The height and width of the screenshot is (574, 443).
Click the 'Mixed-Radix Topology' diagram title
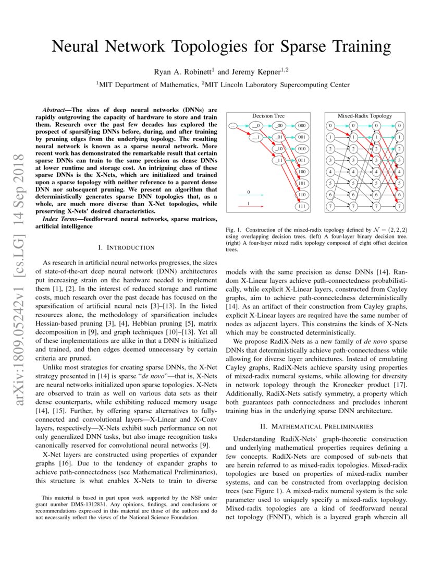[x=365, y=116]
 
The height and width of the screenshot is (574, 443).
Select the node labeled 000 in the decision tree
[x=302, y=126]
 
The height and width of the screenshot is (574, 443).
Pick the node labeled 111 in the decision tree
[x=302, y=206]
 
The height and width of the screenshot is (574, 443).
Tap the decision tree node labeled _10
[x=279, y=149]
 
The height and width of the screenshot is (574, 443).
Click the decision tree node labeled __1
[x=255, y=137]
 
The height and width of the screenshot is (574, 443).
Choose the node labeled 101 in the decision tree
[x=302, y=183]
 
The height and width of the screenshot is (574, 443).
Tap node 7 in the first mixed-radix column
[x=330, y=206]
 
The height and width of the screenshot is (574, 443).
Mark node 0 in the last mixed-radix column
[x=400, y=126]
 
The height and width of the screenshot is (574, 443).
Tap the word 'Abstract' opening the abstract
[x=55, y=111]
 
